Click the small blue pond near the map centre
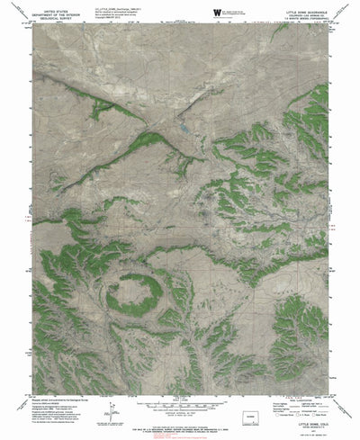click(184, 129)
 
